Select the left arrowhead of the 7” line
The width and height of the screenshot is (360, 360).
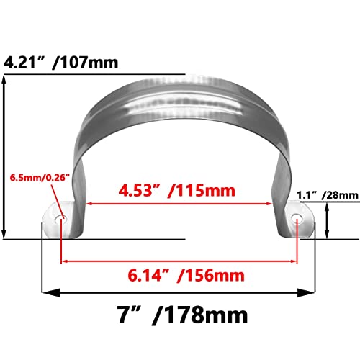pos(45,293)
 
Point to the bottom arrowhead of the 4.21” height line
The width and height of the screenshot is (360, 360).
pos(6,235)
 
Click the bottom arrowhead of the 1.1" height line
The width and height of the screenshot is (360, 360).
pos(328,235)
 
